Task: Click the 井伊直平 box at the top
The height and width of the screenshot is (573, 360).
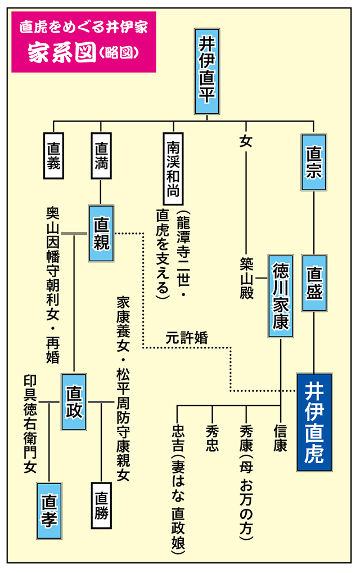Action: [x=207, y=71]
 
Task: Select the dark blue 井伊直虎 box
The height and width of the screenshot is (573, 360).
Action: [x=314, y=422]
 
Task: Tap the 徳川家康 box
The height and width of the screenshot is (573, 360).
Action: [x=281, y=296]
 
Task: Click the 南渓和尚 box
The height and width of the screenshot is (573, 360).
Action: [x=173, y=168]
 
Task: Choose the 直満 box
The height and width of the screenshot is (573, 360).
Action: [x=101, y=156]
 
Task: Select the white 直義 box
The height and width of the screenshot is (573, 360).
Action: [x=54, y=156]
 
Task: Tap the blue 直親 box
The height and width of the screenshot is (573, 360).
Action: [x=101, y=233]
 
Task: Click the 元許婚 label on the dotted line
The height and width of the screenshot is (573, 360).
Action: [x=187, y=338]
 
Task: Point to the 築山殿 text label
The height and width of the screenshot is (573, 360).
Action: [x=246, y=279]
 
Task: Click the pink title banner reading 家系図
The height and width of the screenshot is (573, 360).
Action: [x=83, y=42]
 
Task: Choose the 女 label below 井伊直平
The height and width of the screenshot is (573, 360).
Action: [x=246, y=141]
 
